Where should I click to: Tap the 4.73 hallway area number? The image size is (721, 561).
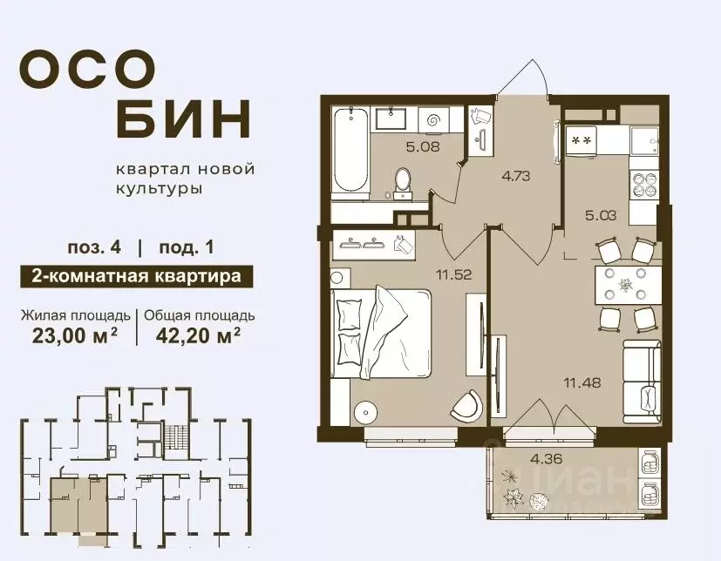pos(517,174)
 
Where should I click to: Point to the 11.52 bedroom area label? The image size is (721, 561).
pos(453,276)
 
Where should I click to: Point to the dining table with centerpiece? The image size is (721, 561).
pos(625,284)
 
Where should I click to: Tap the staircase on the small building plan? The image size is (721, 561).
pos(178,435)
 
